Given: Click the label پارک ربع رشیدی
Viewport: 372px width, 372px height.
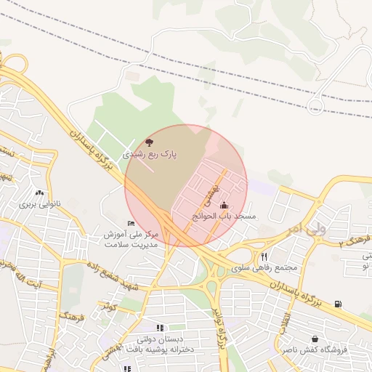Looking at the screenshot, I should click(148, 155).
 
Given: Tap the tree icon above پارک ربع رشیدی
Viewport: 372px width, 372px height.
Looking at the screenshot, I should click(150, 143).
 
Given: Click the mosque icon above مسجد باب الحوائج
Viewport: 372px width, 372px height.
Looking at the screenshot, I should click(223, 206).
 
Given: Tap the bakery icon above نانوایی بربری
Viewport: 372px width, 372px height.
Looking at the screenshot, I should click(39, 193).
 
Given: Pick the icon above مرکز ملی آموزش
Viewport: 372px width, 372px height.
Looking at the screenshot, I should click(131, 223).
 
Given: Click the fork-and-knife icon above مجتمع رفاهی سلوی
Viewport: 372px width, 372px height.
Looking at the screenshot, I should click(264, 256).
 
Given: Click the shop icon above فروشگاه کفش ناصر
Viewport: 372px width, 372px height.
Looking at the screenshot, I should click(315, 339).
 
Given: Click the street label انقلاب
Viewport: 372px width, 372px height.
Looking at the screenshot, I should click(288, 320).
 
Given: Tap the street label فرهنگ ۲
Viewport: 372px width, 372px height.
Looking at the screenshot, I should click(355, 240).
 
